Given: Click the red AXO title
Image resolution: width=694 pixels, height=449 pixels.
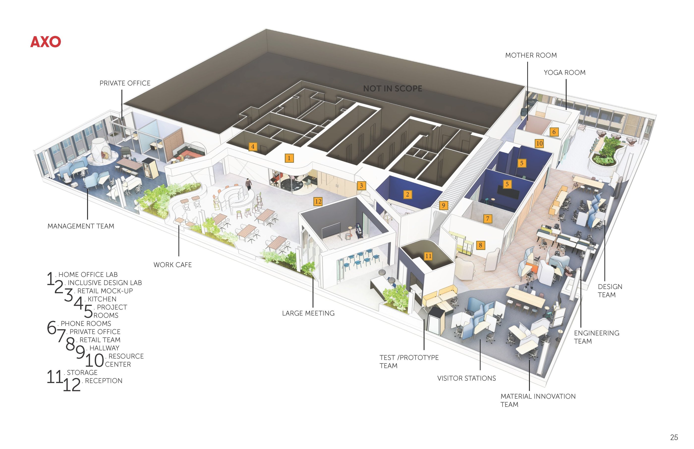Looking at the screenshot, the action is [46, 42].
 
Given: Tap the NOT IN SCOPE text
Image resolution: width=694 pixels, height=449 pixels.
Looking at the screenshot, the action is [393, 89].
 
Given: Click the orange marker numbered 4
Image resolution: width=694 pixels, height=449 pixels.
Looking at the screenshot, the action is [253, 147].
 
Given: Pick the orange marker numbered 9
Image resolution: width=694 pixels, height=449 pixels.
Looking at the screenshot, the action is [443, 205].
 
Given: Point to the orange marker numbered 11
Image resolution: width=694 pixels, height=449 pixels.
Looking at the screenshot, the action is [428, 256].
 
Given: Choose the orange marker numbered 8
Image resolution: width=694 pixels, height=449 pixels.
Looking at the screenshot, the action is [481, 245].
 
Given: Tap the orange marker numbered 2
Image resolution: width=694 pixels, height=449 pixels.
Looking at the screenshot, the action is [408, 194].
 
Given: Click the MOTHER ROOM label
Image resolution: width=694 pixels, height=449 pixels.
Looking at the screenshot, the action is [531, 55].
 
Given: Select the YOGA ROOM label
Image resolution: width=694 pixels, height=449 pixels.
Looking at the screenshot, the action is [565, 73].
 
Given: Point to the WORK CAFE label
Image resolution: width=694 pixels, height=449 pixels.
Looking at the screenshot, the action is [173, 265].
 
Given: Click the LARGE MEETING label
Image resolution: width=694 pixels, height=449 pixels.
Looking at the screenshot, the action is [308, 313].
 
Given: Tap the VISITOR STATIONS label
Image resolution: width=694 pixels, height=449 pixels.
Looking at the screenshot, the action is [466, 378].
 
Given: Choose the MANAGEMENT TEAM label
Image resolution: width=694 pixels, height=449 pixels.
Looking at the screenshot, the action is [81, 226].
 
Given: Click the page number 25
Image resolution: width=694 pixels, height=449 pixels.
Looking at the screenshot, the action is [674, 437].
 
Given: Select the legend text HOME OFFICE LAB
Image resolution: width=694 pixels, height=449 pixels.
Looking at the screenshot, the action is [88, 275].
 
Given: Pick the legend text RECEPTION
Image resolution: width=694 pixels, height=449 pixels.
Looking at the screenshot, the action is [104, 381].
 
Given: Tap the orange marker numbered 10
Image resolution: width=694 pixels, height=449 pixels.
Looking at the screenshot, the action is [539, 143].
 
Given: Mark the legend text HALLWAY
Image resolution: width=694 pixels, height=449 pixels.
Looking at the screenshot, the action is [104, 348].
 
